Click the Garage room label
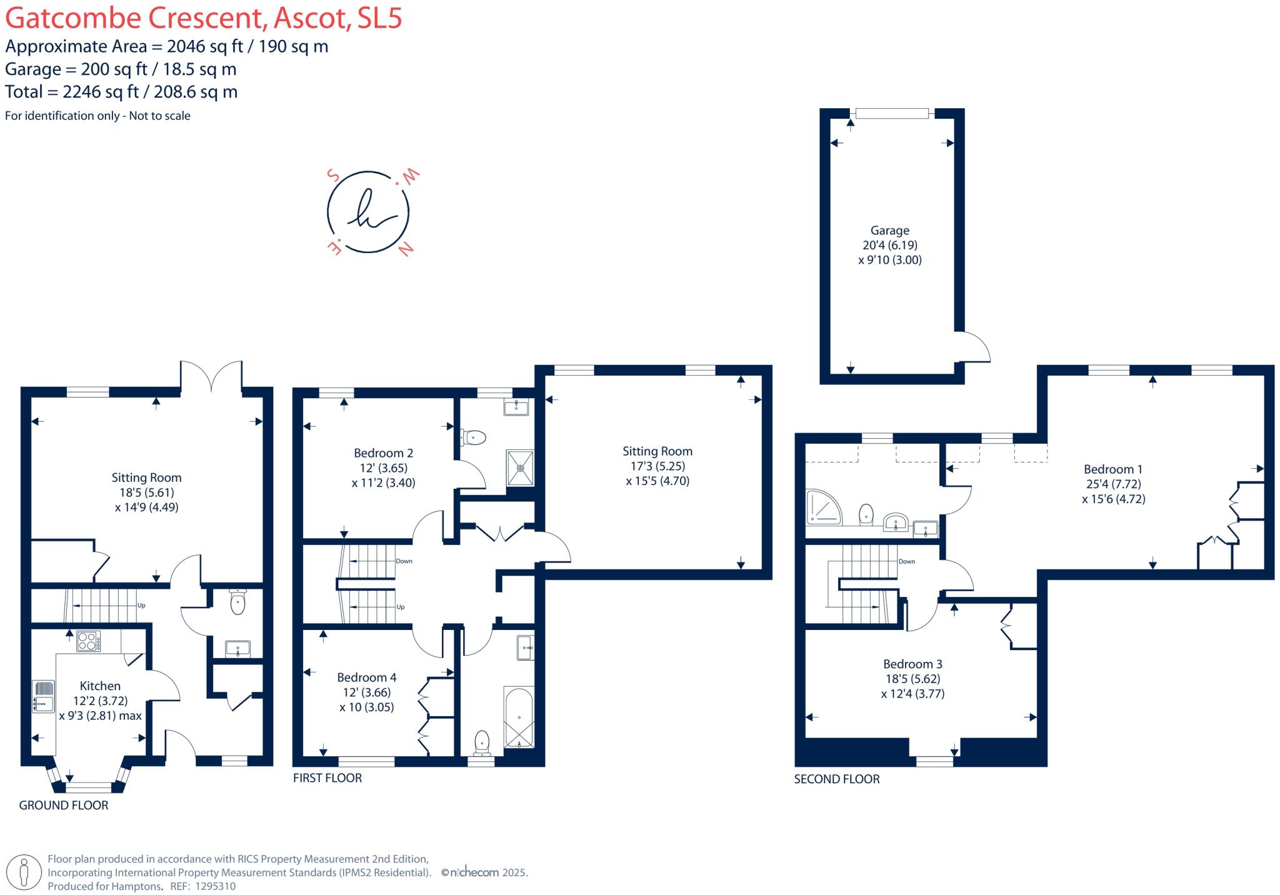[x=890, y=231]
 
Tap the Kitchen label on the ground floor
[x=100, y=686]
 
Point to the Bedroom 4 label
[x=366, y=677]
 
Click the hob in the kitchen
[x=89, y=641]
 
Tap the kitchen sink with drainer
[x=43, y=696]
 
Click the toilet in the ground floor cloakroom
[x=237, y=602]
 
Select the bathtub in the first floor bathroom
[x=519, y=718]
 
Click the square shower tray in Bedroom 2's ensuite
[x=520, y=467]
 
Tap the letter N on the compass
[x=406, y=249]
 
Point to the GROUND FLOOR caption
[x=64, y=806]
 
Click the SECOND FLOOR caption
[x=837, y=779]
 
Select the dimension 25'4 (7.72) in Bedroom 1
[x=1113, y=484]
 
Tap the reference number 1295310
[x=216, y=886]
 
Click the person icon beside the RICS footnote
[x=24, y=872]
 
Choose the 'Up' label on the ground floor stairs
[x=141, y=606]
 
